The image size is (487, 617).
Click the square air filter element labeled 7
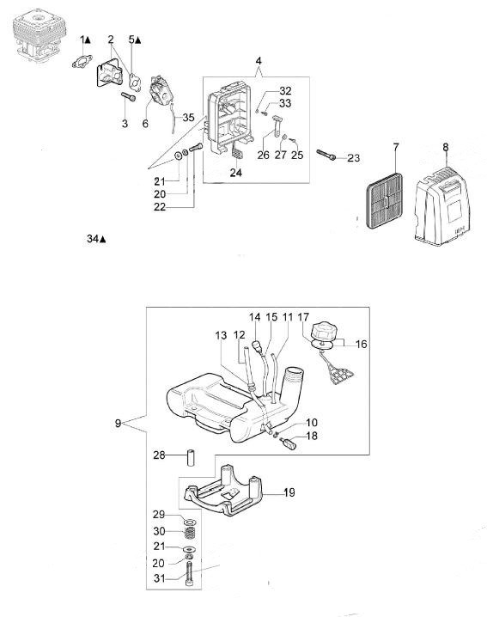tap(384, 201)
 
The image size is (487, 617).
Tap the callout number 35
tap(188, 117)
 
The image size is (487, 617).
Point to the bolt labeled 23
tap(326, 155)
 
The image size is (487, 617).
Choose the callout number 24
tap(236, 173)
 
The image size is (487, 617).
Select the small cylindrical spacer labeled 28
tap(192, 457)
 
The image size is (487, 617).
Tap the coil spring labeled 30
tap(191, 533)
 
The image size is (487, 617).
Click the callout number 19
tap(289, 492)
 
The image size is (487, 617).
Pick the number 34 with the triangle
tap(96, 238)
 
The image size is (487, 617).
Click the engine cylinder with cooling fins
tap(36, 40)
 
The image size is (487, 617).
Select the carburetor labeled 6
tap(161, 94)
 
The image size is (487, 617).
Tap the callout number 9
tap(118, 424)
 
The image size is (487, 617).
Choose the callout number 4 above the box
tap(259, 61)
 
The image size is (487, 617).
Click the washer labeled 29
tap(192, 522)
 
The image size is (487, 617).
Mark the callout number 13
tap(221, 335)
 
